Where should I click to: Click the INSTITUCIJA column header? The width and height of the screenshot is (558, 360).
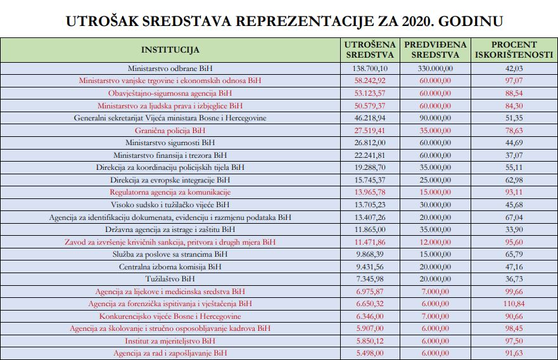(170, 49)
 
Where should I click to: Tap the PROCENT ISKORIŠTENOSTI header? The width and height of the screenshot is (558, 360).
(514, 49)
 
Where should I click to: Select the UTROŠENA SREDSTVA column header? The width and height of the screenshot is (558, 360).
(370, 49)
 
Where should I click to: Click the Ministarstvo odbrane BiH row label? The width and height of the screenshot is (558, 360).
(170, 68)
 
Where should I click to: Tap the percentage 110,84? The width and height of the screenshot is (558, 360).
(514, 304)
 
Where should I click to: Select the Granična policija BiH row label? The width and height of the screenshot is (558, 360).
(170, 131)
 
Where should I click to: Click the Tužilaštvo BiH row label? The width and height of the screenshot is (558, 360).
(170, 280)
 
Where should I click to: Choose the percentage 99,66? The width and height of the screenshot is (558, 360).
(514, 292)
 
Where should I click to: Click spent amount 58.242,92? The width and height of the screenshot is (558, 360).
(370, 81)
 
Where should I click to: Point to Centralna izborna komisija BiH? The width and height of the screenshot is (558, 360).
(170, 267)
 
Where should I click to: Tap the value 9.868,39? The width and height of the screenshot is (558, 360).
(370, 255)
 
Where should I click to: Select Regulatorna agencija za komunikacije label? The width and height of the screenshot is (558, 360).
(170, 193)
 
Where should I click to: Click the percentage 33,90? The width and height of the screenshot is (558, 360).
(514, 229)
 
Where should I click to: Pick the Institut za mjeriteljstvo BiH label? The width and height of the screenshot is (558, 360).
(170, 341)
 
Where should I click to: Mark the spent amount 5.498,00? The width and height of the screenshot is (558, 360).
(370, 353)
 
